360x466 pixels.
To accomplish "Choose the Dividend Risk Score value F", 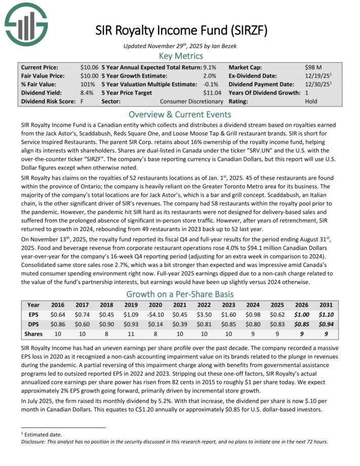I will tap(82, 101).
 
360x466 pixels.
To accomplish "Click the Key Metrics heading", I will tap(180, 56).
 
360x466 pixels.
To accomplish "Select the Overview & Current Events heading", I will tap(180, 114).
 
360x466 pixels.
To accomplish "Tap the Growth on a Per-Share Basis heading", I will tap(180, 294).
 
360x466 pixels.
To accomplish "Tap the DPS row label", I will tap(33, 324).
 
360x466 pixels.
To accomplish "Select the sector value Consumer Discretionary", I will tap(192, 101).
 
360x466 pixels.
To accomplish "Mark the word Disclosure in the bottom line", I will tap(33, 441).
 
